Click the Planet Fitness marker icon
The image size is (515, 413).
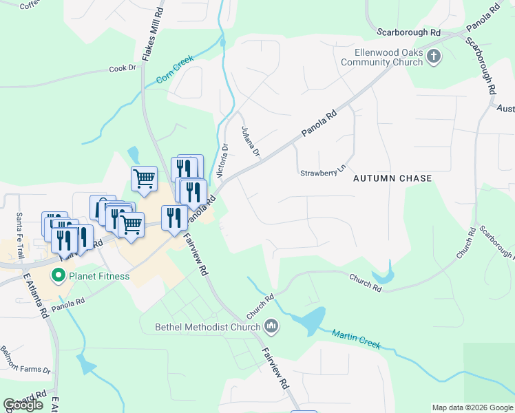(59, 277)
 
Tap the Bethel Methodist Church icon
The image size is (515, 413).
(272, 326)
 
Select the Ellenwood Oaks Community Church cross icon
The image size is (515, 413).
(434, 56)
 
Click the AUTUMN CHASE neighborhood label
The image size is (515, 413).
(392, 178)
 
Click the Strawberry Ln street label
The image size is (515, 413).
(322, 173)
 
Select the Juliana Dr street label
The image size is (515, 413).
(250, 141)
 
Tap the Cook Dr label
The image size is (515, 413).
(122, 69)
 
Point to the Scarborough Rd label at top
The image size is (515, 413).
(409, 32)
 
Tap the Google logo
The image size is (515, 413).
(23, 405)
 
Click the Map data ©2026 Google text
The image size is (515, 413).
(472, 407)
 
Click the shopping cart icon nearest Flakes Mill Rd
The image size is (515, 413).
(144, 179)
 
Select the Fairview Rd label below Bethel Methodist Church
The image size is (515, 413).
(274, 369)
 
